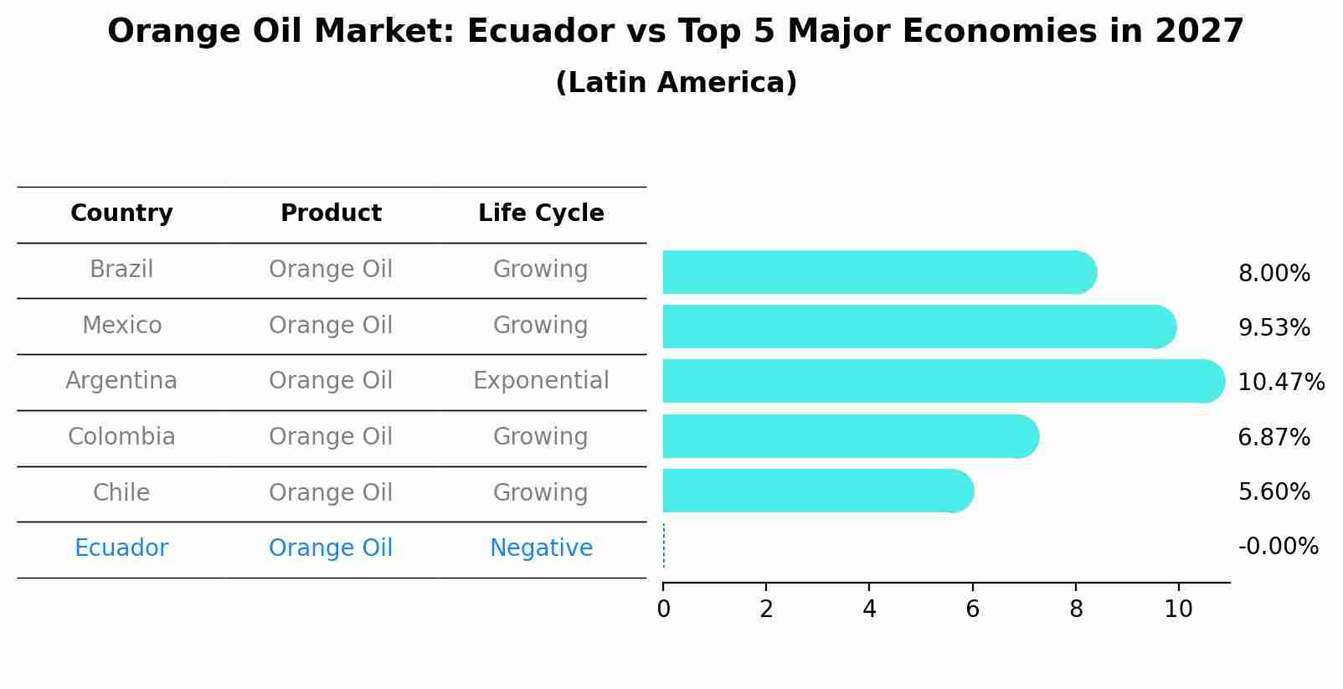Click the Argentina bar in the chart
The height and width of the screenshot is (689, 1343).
(942, 381)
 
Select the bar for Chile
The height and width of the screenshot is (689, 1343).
(817, 491)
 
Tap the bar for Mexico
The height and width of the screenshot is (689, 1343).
(918, 327)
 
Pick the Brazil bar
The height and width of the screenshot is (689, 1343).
(879, 272)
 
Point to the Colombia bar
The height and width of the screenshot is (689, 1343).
(850, 436)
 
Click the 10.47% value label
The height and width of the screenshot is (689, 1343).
(1280, 383)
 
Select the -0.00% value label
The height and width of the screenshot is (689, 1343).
(1278, 547)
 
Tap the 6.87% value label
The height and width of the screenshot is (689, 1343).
(1274, 437)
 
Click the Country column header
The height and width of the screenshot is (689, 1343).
(121, 213)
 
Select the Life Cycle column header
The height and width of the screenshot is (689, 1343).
(541, 213)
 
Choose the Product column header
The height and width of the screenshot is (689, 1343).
(331, 213)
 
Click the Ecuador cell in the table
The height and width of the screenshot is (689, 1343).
(121, 548)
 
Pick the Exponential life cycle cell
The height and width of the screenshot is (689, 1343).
(541, 381)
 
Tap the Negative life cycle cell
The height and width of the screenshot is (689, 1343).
(541, 548)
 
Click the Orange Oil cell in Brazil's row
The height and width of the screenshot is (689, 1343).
(331, 270)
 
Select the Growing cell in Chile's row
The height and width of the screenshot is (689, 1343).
(541, 492)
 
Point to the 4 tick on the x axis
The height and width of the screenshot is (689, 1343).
(869, 609)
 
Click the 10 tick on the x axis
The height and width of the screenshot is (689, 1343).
(1178, 609)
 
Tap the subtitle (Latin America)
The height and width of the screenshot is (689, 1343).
(676, 83)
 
